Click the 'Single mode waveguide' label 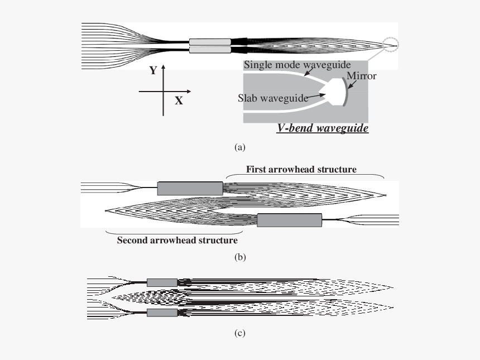tap(297, 66)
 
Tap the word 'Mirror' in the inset tap(361, 76)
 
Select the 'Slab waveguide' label tap(273, 98)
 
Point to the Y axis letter tap(152, 71)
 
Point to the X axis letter tap(179, 100)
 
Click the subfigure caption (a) tap(239, 147)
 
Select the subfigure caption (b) tap(239, 257)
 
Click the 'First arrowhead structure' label tap(301, 169)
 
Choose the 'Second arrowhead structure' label tap(177, 241)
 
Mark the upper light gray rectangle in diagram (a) tap(210, 42)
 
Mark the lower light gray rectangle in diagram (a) tap(210, 50)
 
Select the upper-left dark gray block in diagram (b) tap(190, 188)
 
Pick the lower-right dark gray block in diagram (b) tap(289, 220)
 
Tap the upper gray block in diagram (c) tap(162, 282)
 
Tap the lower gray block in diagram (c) tap(162, 313)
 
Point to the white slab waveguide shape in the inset tap(334, 92)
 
